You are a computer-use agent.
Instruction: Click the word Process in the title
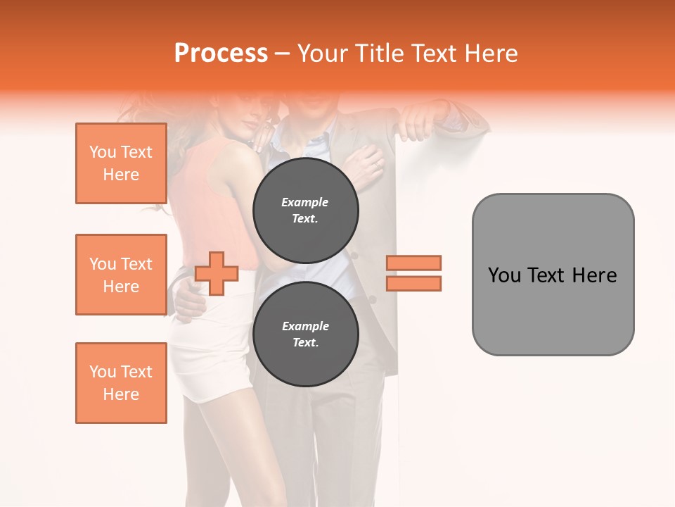pos(221,54)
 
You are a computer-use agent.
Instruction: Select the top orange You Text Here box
pos(121,163)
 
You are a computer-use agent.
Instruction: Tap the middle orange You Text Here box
pos(121,275)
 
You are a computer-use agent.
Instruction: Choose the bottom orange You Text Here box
pos(121,383)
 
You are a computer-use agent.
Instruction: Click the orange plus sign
pos(217,273)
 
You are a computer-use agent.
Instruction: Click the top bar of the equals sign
pos(413,263)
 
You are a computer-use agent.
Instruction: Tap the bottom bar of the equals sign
pos(413,283)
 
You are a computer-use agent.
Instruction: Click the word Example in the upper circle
pos(305,202)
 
